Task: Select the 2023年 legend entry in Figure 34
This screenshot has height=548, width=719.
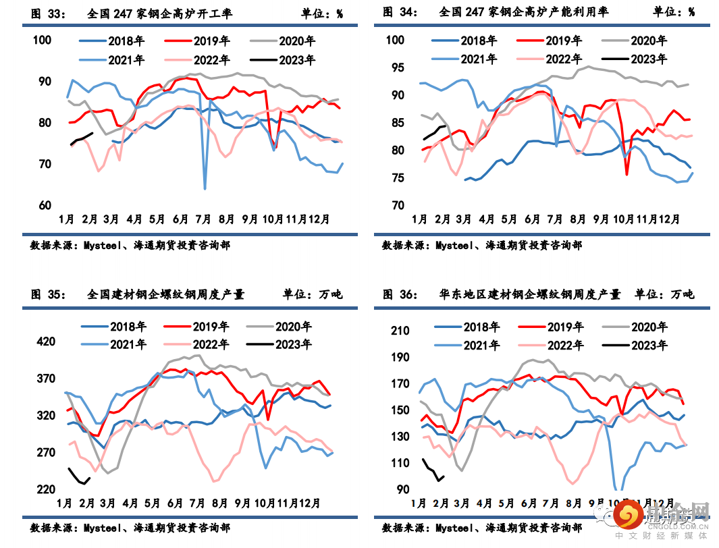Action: coord(648,59)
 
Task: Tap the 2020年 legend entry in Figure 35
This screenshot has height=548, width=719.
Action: coord(293,327)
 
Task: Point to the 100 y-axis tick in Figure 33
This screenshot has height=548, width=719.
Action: coord(43,40)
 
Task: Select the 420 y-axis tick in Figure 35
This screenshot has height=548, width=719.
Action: coord(46,341)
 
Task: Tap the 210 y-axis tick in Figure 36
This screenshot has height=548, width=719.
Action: coord(400,331)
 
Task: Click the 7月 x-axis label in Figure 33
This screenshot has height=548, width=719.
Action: coord(203,219)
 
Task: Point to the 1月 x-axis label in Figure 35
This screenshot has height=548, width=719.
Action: coord(65,503)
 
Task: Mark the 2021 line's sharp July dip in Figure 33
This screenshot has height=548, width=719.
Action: coord(205,188)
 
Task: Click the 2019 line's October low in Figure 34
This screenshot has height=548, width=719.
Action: coord(627,174)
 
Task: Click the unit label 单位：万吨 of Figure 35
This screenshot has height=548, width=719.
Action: coord(313,294)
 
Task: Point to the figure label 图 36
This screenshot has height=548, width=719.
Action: coord(402,294)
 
